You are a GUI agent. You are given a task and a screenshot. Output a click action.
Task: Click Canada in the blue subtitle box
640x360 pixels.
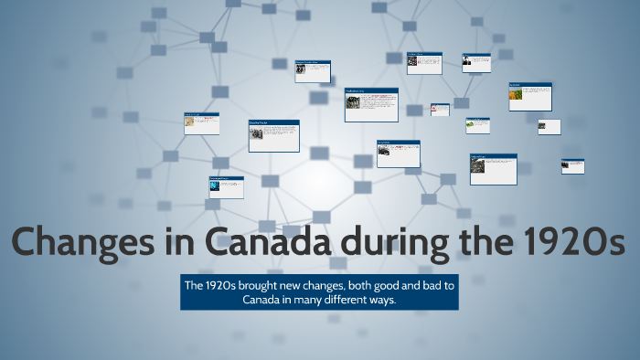tap(263, 300)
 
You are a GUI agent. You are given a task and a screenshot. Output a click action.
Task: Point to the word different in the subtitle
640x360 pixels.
tap(348, 300)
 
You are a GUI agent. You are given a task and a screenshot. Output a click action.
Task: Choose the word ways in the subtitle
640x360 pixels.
tap(385, 300)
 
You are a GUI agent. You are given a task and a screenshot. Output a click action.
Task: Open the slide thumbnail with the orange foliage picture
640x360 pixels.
tap(529, 96)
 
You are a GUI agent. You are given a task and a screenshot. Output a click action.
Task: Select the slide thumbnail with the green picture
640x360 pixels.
tap(477, 124)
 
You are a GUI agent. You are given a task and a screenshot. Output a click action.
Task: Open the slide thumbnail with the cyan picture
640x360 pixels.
tap(225, 186)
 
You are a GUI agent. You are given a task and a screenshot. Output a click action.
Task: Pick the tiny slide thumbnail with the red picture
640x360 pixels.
tap(440, 109)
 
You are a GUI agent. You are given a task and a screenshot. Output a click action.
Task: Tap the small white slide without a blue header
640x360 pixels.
tap(549, 126)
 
